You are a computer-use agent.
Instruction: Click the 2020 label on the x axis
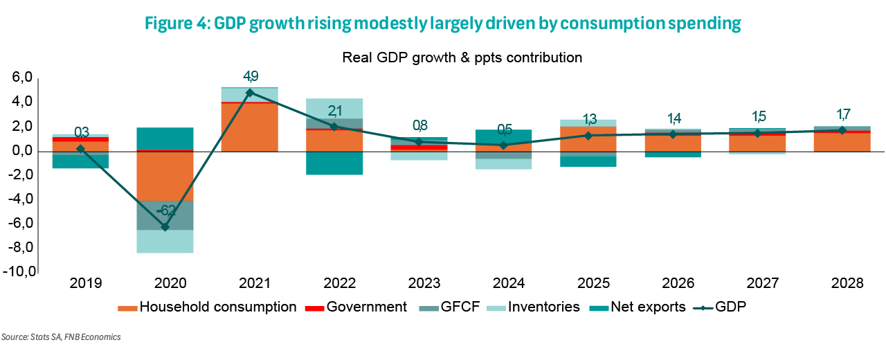pyautogui.click(x=165, y=284)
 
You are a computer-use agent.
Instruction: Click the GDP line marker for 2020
pyautogui.click(x=165, y=227)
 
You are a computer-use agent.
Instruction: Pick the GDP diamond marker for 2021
pyautogui.click(x=250, y=92)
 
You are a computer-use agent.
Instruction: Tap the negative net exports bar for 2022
pyautogui.click(x=335, y=163)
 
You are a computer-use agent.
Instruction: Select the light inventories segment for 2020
pyautogui.click(x=165, y=241)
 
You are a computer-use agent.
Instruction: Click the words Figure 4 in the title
pyautogui.click(x=174, y=24)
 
